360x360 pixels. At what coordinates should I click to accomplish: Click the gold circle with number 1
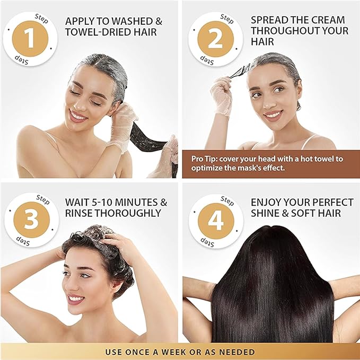tap(30, 39)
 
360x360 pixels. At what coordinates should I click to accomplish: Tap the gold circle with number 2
tap(215, 39)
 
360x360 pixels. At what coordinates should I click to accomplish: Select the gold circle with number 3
tap(31, 219)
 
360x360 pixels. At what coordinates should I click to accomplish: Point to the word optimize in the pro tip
tap(208, 168)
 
